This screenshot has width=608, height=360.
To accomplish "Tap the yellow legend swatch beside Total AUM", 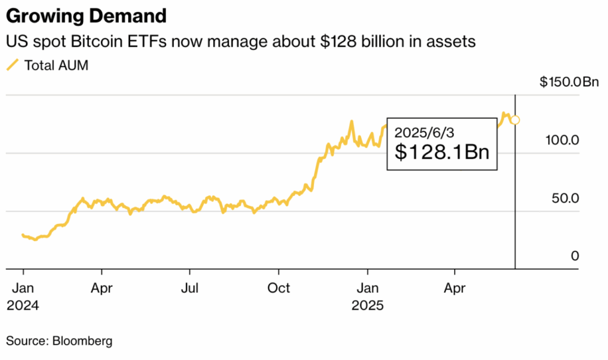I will tap(12, 65).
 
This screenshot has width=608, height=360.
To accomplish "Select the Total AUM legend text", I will tap(56, 65).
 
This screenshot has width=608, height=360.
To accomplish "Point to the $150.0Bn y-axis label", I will tap(569, 82).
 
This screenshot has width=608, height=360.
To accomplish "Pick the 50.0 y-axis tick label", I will tap(565, 198).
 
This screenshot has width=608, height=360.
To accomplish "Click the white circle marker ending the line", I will tap(515, 120).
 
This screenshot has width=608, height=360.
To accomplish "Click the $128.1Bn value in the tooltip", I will tap(442, 152).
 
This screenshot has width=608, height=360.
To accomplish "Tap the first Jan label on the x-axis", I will tap(23, 288).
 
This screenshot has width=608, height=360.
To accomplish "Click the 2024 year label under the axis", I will tap(23, 306).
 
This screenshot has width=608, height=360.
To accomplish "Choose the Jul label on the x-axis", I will tap(190, 288).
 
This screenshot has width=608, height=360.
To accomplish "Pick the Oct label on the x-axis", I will tap(278, 288).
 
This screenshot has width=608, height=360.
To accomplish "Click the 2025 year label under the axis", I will tap(368, 306).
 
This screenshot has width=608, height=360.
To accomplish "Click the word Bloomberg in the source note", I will tap(82, 341).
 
